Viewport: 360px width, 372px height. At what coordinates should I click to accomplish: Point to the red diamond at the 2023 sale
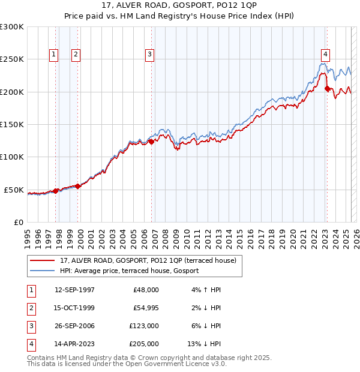pyautogui.click(x=327, y=89)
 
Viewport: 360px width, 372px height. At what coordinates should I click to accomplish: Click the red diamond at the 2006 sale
pyautogui.click(x=151, y=142)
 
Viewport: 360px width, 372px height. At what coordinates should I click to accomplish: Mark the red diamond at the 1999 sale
pyautogui.click(x=78, y=186)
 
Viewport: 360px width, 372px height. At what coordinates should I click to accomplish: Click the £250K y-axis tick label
pyautogui.click(x=12, y=59)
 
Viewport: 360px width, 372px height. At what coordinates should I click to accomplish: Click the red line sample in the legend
pyautogui.click(x=44, y=260)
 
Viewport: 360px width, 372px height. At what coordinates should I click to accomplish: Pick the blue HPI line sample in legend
pyautogui.click(x=44, y=271)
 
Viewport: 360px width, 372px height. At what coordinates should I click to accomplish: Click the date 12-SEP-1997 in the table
pyautogui.click(x=74, y=290)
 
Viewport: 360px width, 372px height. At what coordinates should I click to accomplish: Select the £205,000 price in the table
pyautogui.click(x=145, y=344)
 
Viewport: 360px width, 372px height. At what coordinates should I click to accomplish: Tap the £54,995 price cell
pyautogui.click(x=145, y=308)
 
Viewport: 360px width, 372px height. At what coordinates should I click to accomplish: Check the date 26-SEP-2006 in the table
pyautogui.click(x=74, y=326)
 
